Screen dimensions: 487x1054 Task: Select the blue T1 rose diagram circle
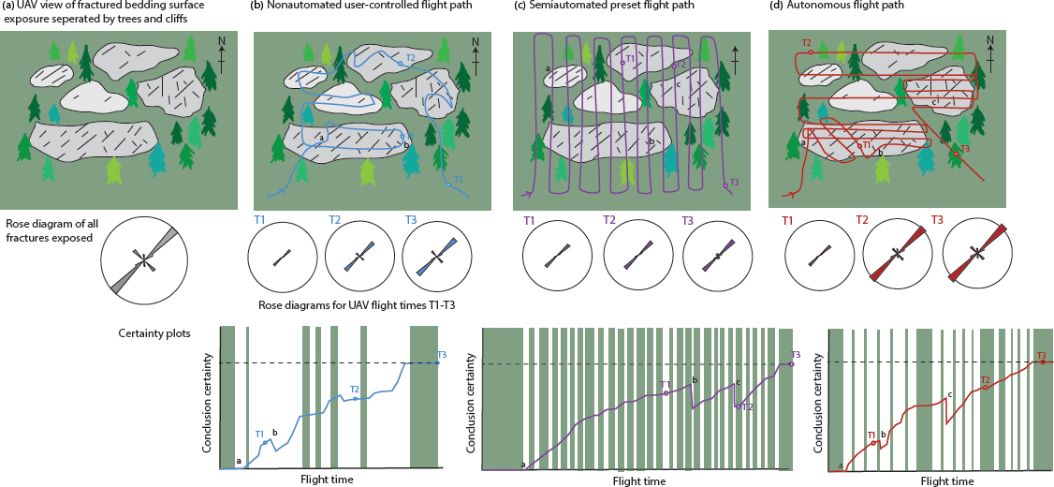click(283, 258)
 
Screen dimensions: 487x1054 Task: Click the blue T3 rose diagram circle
click(437, 258)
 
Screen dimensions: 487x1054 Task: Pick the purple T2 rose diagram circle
click(639, 258)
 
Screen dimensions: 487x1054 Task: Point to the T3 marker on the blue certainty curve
click(437, 362)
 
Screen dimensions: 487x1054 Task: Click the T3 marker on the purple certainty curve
click(791, 363)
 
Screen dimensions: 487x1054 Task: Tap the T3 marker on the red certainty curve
click(1043, 362)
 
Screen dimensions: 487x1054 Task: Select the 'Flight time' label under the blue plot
click(327, 480)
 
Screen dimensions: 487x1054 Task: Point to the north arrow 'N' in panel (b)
click(476, 42)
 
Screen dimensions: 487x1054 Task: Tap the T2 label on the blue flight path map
click(410, 57)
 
